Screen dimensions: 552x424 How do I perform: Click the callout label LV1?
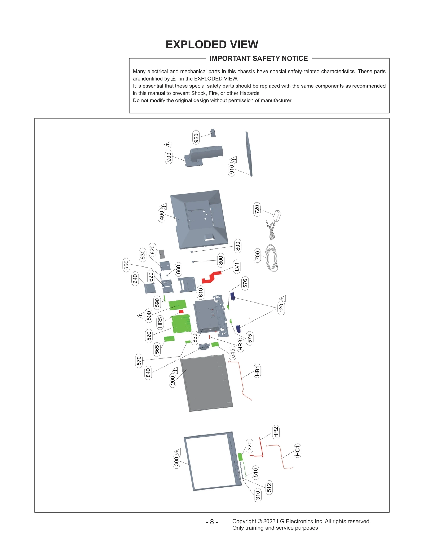click(237, 266)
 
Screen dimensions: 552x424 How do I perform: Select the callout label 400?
click(161, 215)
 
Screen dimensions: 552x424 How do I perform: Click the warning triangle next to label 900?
click(168, 144)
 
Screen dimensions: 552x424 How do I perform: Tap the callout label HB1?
click(257, 371)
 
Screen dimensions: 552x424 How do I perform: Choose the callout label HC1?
click(298, 451)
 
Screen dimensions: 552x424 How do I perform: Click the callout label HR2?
click(276, 432)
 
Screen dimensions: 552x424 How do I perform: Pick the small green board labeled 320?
click(240, 457)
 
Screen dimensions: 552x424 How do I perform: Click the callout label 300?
click(176, 461)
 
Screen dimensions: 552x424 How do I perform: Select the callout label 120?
click(281, 308)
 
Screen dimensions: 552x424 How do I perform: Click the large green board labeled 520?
click(181, 324)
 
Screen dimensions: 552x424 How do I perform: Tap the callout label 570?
click(139, 360)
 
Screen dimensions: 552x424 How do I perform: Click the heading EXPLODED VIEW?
click(212, 44)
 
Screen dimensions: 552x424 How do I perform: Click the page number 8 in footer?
click(212, 522)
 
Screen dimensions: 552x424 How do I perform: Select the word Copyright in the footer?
click(244, 521)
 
